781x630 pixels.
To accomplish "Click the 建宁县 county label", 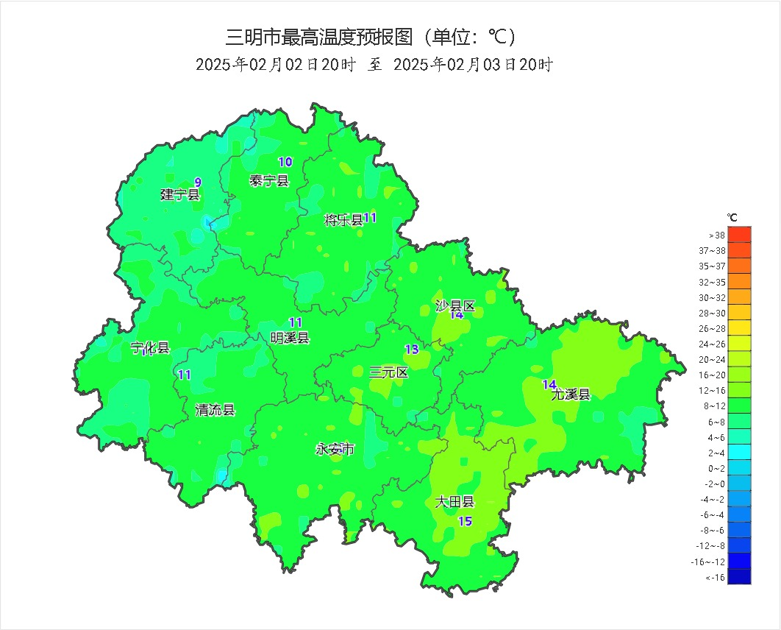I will pyautogui.click(x=180, y=195).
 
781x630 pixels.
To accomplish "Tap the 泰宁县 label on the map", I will pyautogui.click(x=269, y=181).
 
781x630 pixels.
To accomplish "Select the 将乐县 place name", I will pyautogui.click(x=343, y=220).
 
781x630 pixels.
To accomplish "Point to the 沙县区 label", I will pyautogui.click(x=455, y=306).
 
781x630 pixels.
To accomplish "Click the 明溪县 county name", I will pyautogui.click(x=290, y=338).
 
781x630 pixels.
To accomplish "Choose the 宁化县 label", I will pyautogui.click(x=150, y=348).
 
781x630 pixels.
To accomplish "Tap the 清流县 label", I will pyautogui.click(x=215, y=411).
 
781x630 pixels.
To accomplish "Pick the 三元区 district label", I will pyautogui.click(x=388, y=372).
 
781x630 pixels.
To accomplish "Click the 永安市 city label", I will pyautogui.click(x=335, y=449).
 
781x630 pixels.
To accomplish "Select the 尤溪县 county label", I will pyautogui.click(x=571, y=394).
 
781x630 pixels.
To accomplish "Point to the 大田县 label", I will pyautogui.click(x=454, y=503).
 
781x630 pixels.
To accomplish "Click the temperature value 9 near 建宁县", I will pyautogui.click(x=198, y=183).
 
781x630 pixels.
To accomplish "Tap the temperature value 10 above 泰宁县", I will pyautogui.click(x=285, y=162).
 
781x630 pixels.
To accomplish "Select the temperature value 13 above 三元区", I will pyautogui.click(x=412, y=350).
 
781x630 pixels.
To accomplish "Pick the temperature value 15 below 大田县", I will pyautogui.click(x=465, y=522).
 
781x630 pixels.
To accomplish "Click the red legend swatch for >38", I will pyautogui.click(x=739, y=234).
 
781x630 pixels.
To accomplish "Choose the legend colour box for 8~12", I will pyautogui.click(x=739, y=405).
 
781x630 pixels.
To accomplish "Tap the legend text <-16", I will pyautogui.click(x=716, y=578).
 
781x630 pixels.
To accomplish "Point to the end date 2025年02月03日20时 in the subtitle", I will pyautogui.click(x=473, y=65).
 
